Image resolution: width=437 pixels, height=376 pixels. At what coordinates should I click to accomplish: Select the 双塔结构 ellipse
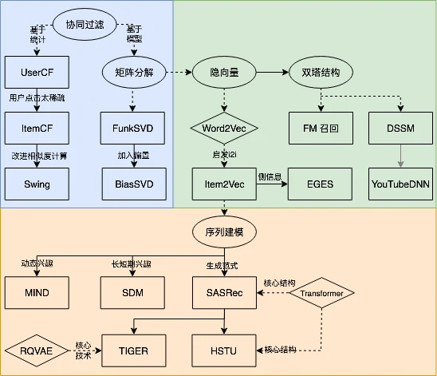coord(320,73)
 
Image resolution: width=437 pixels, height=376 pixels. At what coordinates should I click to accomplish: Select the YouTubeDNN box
coord(401,184)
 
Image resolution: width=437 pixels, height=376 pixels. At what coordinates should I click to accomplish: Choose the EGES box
coord(320,184)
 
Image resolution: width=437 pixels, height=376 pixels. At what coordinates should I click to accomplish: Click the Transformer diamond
coord(322,293)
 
